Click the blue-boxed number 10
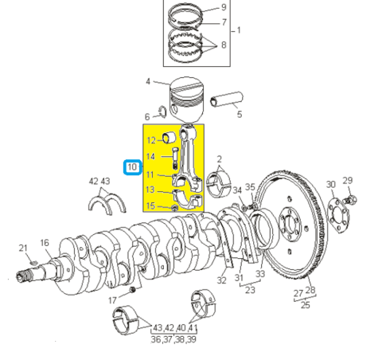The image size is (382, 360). pyautogui.click(x=132, y=167)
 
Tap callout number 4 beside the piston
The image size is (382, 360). pyautogui.click(x=148, y=81)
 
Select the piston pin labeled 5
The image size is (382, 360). pyautogui.click(x=227, y=99)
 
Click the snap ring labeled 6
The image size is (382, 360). pyautogui.click(x=162, y=112)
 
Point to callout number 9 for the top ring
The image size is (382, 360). pyautogui.click(x=224, y=7)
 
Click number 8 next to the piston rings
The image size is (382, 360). pyautogui.click(x=224, y=45)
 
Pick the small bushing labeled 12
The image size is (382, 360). pyautogui.click(x=170, y=137)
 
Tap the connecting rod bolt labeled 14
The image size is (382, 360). pyautogui.click(x=175, y=158)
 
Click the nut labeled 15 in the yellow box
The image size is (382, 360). pyautogui.click(x=175, y=208)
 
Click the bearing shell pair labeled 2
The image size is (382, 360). pyautogui.click(x=219, y=185)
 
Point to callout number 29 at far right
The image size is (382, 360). pyautogui.click(x=347, y=181)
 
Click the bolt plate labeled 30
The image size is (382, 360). pyautogui.click(x=338, y=215)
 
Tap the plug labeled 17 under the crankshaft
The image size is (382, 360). pyautogui.click(x=133, y=289)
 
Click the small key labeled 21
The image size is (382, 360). pyautogui.click(x=33, y=263)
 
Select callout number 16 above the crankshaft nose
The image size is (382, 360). pyautogui.click(x=45, y=243)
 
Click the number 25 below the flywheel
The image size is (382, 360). pyautogui.click(x=305, y=305)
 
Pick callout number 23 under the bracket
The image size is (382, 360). pyautogui.click(x=250, y=290)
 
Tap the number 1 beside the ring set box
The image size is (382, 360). pyautogui.click(x=239, y=30)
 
